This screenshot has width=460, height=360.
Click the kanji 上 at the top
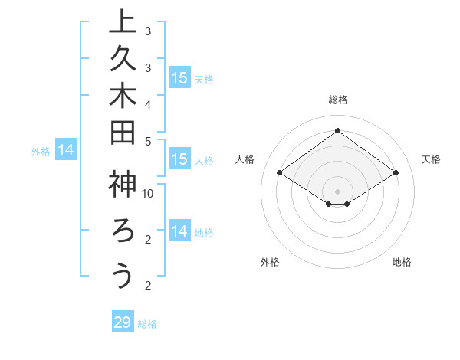122,22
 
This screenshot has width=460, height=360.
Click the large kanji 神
122,185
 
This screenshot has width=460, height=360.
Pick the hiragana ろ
122,231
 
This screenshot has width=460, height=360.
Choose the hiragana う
122,275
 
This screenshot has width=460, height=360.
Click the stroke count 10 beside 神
148,192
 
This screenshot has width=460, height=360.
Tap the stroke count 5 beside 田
148,140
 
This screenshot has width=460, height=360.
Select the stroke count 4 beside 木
148,103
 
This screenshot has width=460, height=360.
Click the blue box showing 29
122,322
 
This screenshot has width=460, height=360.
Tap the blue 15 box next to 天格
179,77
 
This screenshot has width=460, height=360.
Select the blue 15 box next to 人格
179,159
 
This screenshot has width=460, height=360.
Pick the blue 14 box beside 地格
179,231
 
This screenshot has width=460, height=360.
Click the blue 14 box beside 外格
66,151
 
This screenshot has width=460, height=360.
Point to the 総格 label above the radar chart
337,100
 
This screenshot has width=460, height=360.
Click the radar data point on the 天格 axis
396,173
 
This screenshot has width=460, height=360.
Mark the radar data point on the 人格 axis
280,173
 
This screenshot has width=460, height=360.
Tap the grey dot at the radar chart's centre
337,191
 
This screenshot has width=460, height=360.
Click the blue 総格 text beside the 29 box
148,324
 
